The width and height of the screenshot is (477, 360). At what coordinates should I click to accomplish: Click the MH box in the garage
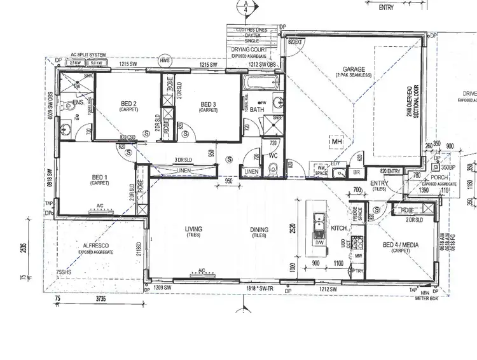pos(335,141)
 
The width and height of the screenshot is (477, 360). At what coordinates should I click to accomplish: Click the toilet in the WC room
pos(273,167)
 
